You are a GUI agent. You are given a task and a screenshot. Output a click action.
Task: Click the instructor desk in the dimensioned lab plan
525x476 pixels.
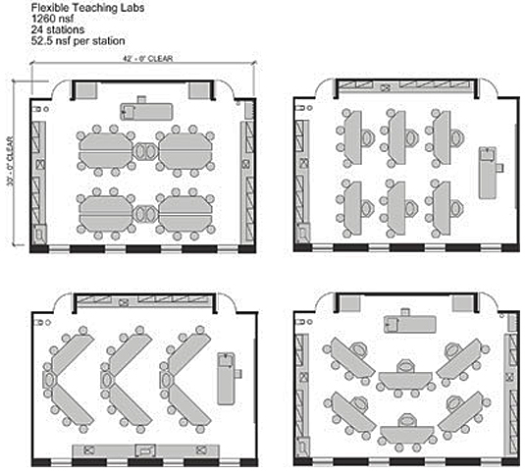(146, 110)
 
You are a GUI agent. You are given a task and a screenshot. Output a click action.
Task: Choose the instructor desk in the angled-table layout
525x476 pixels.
(403, 322)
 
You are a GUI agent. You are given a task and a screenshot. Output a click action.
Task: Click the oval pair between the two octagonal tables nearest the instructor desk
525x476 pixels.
(144, 151)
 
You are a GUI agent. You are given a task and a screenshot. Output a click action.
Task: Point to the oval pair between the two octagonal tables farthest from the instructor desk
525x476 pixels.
(144, 212)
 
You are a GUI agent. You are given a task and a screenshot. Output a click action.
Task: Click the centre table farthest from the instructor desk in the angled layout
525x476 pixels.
(403, 433)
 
